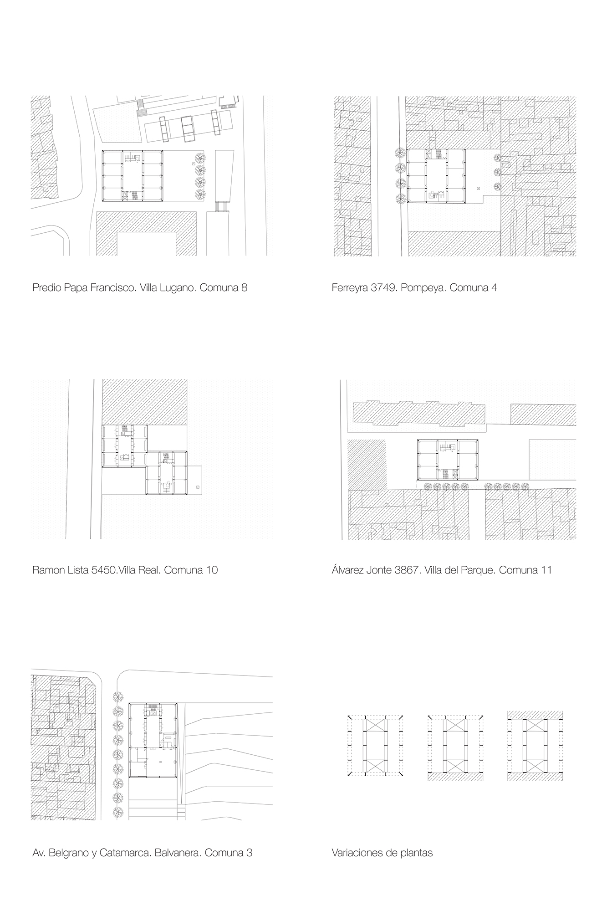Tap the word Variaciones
(x=357, y=853)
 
